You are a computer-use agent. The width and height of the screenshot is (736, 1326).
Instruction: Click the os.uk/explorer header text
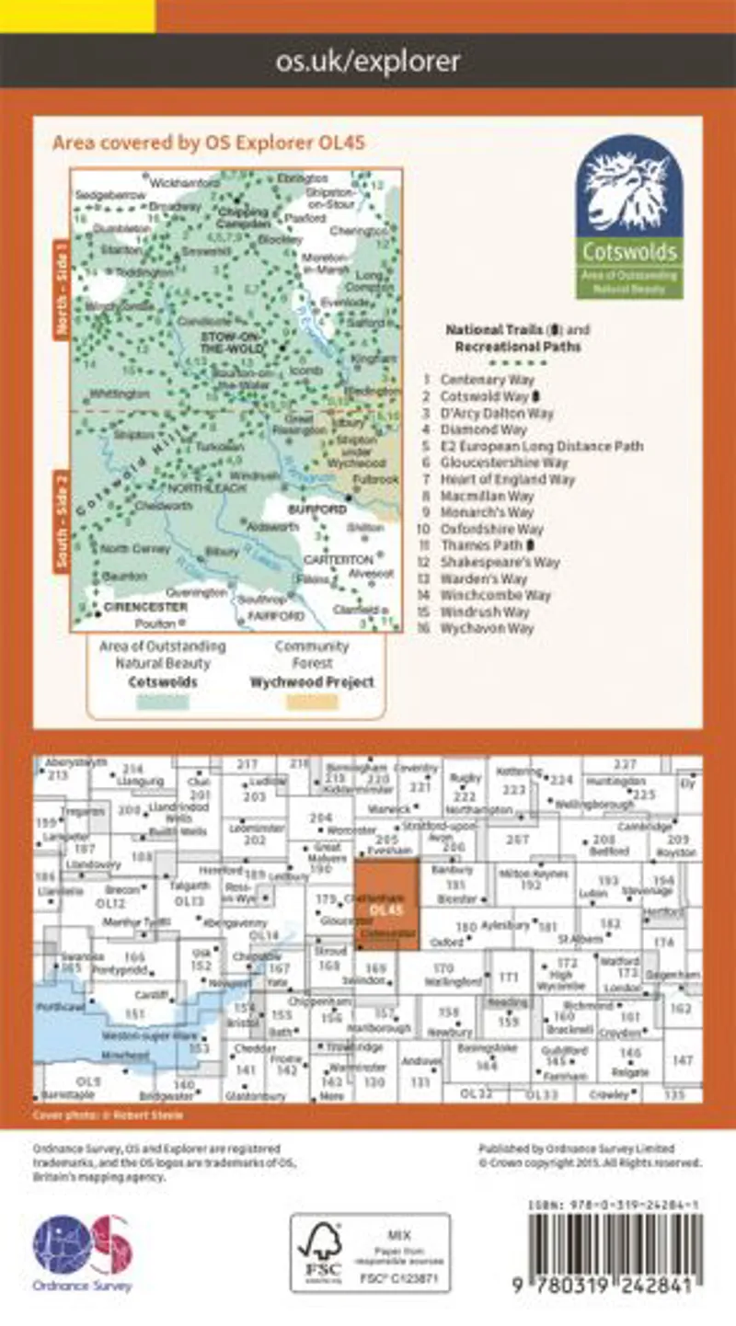click(x=368, y=62)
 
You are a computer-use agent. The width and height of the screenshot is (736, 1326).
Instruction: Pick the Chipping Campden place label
click(x=243, y=214)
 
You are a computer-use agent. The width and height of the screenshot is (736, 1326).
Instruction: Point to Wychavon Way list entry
click(x=487, y=628)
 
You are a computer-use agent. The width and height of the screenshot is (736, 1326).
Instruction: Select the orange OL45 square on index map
click(x=386, y=905)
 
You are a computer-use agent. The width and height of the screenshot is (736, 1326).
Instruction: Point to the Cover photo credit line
click(x=109, y=1115)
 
